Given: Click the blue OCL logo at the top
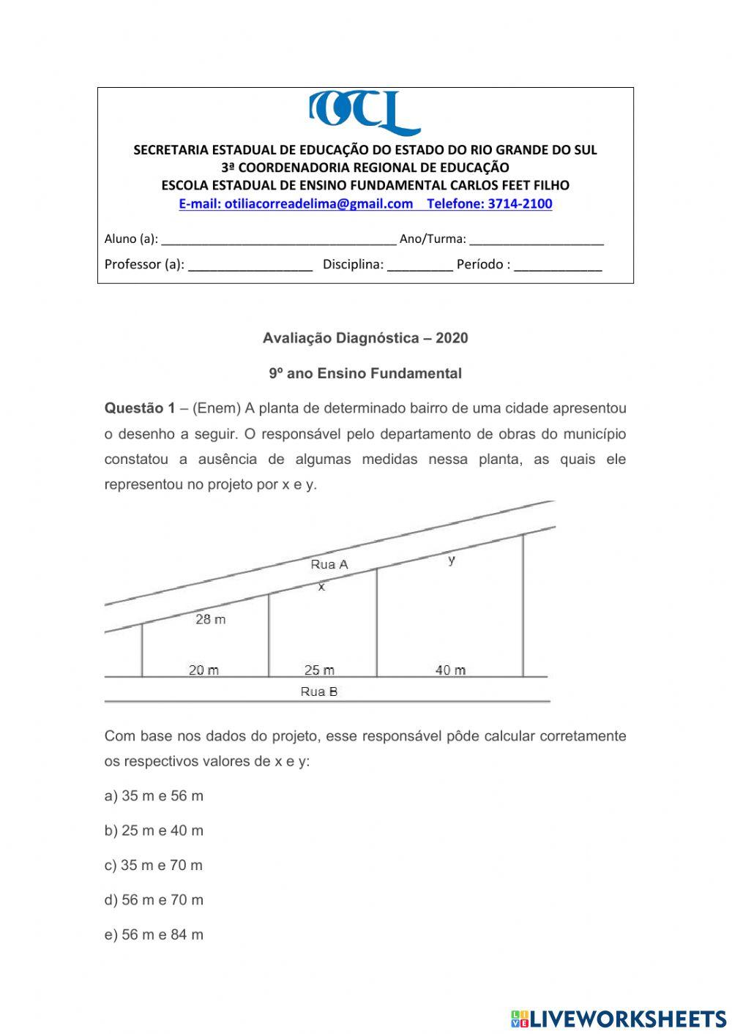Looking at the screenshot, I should [364, 113].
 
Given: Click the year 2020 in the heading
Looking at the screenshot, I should [451, 338].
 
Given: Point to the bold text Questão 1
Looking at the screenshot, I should [140, 408].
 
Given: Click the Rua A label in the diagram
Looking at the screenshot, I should [329, 564].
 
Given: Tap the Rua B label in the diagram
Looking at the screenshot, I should [319, 692].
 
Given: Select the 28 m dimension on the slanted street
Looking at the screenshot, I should [211, 619].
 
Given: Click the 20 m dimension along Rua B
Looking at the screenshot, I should [203, 670].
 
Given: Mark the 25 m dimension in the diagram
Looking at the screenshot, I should [319, 670].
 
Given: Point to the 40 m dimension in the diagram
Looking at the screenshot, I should [450, 670].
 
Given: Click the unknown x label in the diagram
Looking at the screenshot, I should [321, 586].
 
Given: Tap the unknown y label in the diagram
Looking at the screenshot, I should [452, 560].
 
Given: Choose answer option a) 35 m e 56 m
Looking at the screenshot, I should [154, 796].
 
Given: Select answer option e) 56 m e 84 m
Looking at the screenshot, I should [154, 934].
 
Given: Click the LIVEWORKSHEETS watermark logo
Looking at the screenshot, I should [619, 1018].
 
